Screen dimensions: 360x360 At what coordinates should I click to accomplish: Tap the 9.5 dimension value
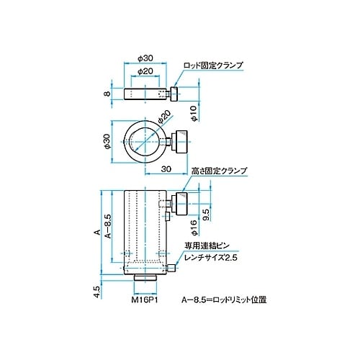[x=205, y=214]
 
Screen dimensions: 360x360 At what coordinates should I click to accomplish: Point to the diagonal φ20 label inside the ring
[x=163, y=118]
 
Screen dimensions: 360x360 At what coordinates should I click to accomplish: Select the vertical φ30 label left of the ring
[x=107, y=143]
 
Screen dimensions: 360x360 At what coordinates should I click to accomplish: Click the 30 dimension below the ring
[x=166, y=170]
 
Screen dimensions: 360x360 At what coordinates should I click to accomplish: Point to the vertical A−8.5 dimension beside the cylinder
[x=107, y=225]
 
